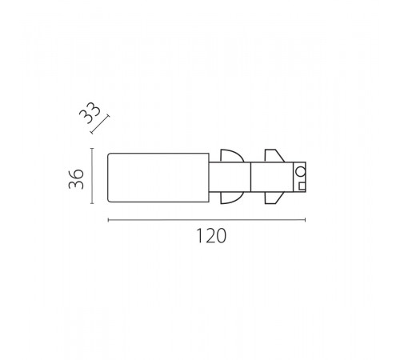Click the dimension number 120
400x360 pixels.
pyautogui.click(x=211, y=236)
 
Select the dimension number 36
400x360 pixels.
pyautogui.click(x=76, y=179)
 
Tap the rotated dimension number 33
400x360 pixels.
pyautogui.click(x=90, y=113)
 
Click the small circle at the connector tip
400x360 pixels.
pyautogui.click(x=301, y=171)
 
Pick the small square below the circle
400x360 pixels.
pyautogui.click(x=302, y=186)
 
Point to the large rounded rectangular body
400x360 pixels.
pyautogui.click(x=158, y=178)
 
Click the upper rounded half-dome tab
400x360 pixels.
pyautogui.click(x=232, y=156)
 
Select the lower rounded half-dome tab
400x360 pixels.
pyautogui.click(x=232, y=198)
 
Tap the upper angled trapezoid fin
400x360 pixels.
pyautogui.click(x=274, y=156)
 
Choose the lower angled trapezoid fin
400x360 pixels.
pyautogui.click(x=274, y=198)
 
